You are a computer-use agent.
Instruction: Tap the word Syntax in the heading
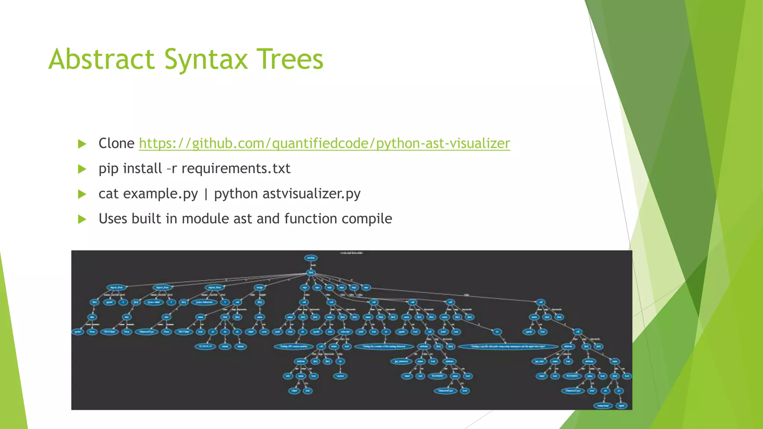[206, 60]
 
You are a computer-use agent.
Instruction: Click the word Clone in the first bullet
[116, 143]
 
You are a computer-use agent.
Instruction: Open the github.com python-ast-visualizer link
[324, 143]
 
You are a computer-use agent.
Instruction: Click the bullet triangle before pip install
[82, 169]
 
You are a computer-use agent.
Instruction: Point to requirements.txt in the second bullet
[236, 169]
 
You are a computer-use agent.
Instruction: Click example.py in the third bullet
[160, 194]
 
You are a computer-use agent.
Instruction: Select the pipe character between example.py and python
[206, 194]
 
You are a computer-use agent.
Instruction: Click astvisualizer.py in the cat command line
[311, 194]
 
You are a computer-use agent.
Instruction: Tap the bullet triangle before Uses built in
[82, 219]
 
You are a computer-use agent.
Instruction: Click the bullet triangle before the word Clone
[82, 144]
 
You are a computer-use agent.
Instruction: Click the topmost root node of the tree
[311, 258]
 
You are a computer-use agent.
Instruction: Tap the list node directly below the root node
[311, 273]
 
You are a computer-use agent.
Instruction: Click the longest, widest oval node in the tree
[508, 346]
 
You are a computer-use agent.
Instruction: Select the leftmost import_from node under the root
[117, 287]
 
